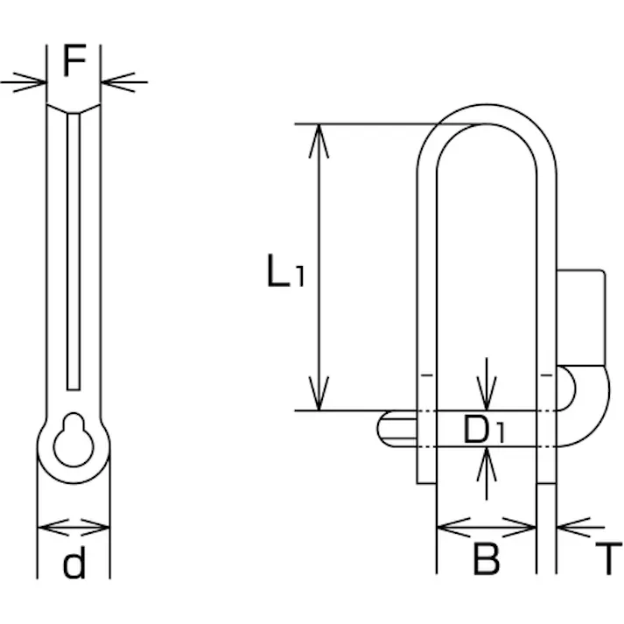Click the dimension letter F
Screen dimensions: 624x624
tap(74, 60)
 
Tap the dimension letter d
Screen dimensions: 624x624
tap(74, 562)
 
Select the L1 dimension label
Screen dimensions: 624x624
tap(285, 270)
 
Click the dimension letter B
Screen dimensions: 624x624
tap(486, 558)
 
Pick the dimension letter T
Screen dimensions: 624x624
tap(608, 558)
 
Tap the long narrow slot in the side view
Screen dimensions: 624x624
tap(74, 252)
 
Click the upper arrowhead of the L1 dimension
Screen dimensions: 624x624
tap(319, 141)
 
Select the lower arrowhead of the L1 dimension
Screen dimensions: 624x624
tap(319, 393)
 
